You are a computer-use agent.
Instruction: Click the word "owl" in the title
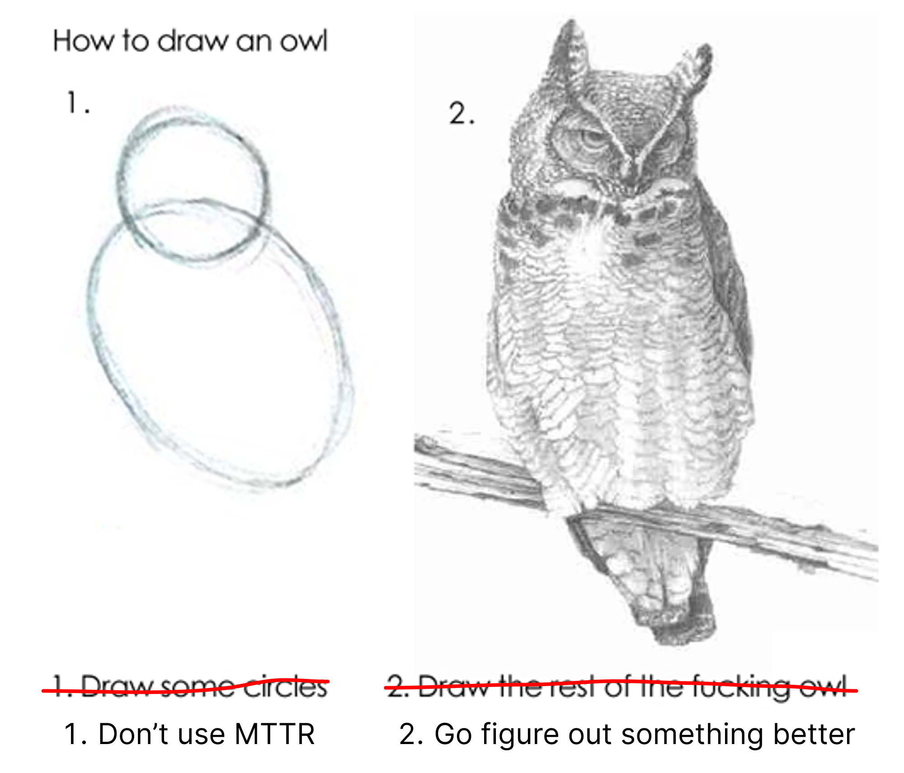point(303,41)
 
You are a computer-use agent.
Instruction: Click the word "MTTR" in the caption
point(274,734)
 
